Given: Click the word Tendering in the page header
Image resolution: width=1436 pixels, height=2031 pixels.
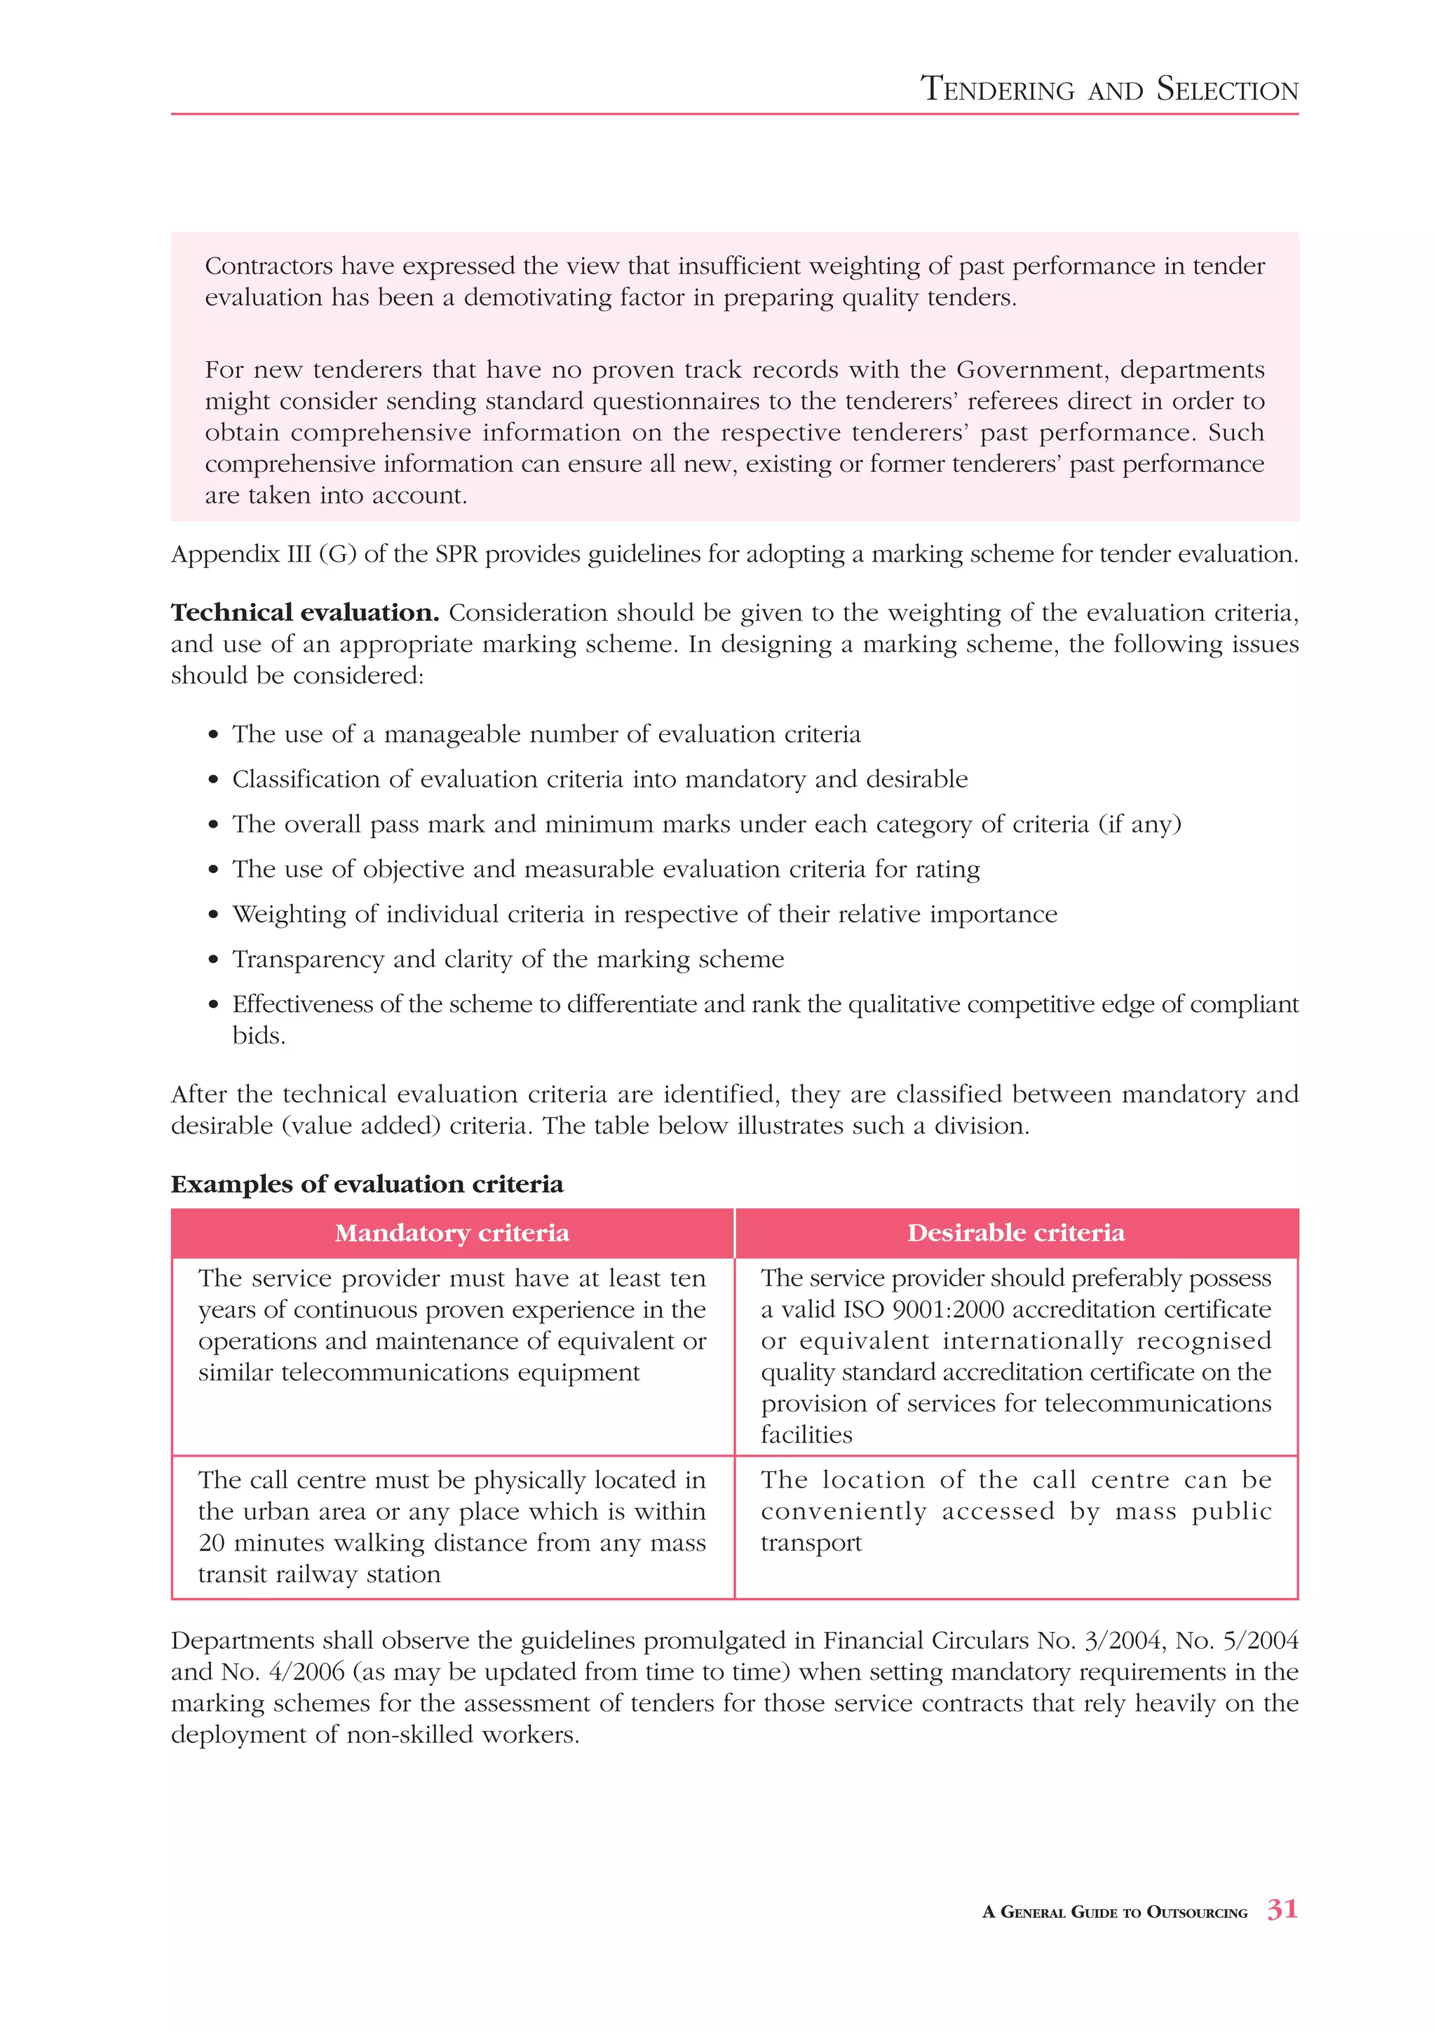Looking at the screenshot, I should [x=996, y=89].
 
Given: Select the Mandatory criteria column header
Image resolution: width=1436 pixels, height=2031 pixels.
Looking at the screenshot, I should [x=452, y=1233].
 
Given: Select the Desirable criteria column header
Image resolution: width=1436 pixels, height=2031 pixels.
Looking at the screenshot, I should [x=1016, y=1233].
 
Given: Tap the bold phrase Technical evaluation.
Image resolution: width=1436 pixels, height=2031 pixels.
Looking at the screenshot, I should [x=305, y=613].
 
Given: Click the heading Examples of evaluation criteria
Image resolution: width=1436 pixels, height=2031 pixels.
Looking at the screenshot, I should [x=366, y=1185].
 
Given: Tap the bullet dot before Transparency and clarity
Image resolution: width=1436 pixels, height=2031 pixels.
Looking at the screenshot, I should [x=213, y=961].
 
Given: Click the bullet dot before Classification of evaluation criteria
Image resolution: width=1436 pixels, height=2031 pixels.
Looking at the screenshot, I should [x=213, y=780].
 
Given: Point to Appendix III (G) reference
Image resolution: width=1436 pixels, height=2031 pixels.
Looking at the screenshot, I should [x=263, y=555].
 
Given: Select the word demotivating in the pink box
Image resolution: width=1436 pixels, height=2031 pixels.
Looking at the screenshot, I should [x=538, y=298].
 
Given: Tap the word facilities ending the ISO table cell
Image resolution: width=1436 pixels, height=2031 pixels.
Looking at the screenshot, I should [x=806, y=1435].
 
